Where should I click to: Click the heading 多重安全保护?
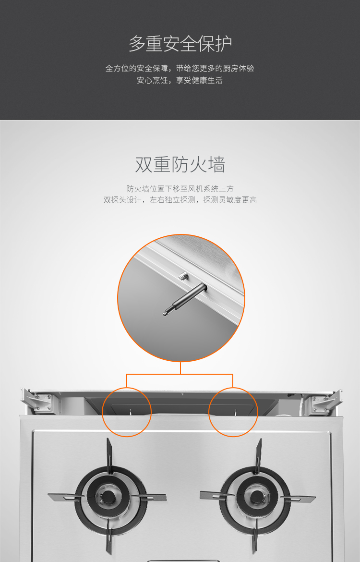coord(180,44)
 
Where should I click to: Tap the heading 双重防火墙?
coord(180,165)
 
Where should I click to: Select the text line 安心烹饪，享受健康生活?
coord(180,80)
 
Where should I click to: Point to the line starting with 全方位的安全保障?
coord(180,68)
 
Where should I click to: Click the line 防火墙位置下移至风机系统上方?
coord(180,188)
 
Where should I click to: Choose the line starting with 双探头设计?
coord(180,200)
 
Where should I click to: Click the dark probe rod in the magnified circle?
coord(185,299)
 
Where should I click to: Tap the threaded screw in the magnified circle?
coord(183,276)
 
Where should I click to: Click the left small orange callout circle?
coord(126,388)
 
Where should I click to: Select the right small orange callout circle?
coord(233,388)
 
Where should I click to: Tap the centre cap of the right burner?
coord(256,496)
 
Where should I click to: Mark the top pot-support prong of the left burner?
coord(109,453)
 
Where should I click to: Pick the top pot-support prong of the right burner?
coord(258,453)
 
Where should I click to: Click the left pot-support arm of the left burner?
coord(66,498)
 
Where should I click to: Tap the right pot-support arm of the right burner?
coord(298,497)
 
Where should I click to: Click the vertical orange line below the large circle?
coord(180,368)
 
